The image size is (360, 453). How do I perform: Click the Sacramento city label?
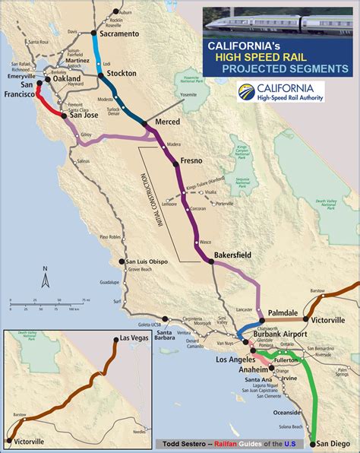[118, 34]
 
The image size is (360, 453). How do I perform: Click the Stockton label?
[122, 73]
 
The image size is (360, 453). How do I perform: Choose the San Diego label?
[333, 443]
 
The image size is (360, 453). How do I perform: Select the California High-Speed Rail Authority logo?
[280, 92]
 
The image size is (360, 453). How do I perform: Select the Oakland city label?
[66, 78]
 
